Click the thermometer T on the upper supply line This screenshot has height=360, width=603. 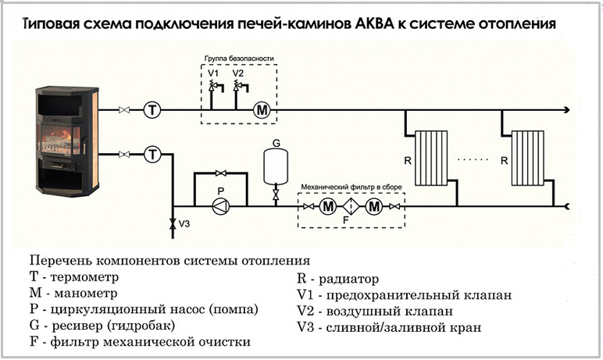click(x=152, y=110)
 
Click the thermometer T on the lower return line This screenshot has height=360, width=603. click(x=152, y=155)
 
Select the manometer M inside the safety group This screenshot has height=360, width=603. click(x=262, y=110)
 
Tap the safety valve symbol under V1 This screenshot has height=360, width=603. click(x=216, y=87)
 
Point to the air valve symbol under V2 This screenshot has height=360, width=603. click(x=241, y=87)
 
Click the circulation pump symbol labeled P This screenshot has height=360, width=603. click(x=221, y=207)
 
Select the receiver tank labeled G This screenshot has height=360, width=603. click(x=276, y=166)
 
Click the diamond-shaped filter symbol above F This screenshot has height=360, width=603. click(x=351, y=207)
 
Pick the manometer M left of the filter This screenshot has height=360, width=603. click(x=328, y=207)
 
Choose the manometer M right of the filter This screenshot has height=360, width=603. click(x=373, y=207)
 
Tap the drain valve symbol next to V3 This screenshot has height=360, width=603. click(x=173, y=224)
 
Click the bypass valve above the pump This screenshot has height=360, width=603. click(x=221, y=173)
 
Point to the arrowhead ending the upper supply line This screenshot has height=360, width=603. click(x=567, y=110)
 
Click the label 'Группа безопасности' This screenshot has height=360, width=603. click(x=239, y=59)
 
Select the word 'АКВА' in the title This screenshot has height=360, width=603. click(x=374, y=24)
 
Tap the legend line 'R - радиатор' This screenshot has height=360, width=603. click(x=338, y=279)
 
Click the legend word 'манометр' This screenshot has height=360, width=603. click(x=86, y=293)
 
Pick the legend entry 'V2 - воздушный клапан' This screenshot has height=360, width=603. click(x=375, y=311)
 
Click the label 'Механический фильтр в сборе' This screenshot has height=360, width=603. click(x=351, y=187)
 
